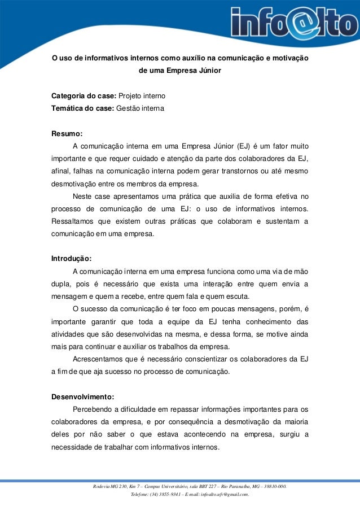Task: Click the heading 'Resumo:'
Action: tap(67, 134)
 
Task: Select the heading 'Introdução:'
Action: tap(71, 259)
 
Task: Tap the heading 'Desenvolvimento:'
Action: tap(82, 396)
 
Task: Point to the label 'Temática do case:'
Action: tap(82, 107)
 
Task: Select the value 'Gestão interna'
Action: tap(139, 107)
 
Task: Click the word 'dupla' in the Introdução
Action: tap(60, 284)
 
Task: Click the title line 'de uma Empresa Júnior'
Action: tap(180, 71)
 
